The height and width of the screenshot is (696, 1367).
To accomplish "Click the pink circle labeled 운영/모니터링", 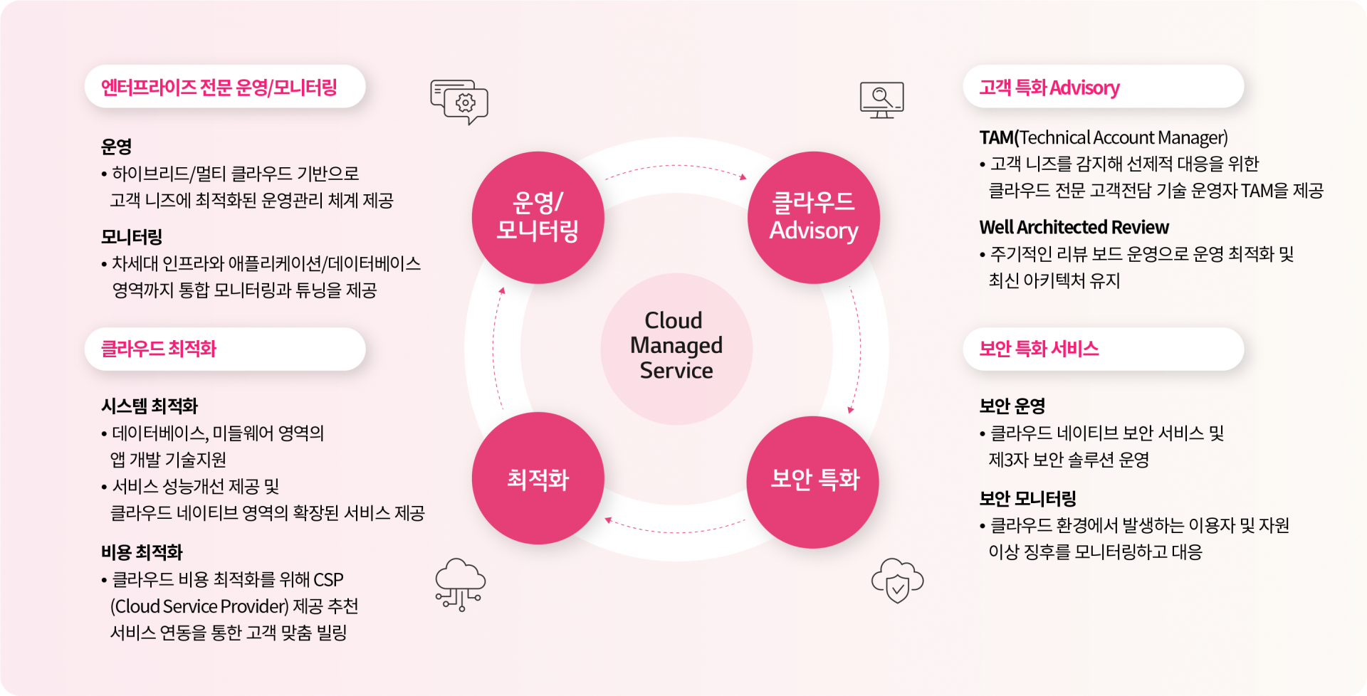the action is click(x=538, y=217).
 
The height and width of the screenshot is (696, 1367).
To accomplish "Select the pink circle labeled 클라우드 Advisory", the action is click(x=814, y=217).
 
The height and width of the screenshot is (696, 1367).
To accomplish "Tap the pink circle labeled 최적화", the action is click(x=538, y=478).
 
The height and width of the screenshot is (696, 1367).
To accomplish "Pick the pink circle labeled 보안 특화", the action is click(x=813, y=482).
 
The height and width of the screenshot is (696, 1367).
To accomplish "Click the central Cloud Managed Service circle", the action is click(x=676, y=349).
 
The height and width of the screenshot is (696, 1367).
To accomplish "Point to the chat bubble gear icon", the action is click(x=459, y=102).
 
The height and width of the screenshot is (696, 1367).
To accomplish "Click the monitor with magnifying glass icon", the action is click(x=881, y=100).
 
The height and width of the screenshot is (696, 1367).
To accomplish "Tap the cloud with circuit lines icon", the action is click(x=461, y=584).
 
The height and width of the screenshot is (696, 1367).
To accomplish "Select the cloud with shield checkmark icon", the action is click(x=897, y=581).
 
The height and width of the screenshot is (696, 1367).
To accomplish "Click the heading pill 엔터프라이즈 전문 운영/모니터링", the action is click(x=225, y=87).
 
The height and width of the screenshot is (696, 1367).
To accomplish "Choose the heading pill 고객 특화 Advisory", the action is click(x=1104, y=87).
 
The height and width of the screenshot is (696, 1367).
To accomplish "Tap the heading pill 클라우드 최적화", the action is click(x=225, y=349).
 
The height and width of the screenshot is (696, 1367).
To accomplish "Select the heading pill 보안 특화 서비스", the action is click(x=1104, y=349).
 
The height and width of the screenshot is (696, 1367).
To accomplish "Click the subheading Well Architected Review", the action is click(x=1074, y=227).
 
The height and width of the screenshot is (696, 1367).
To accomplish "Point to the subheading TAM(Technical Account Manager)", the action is click(x=1104, y=137).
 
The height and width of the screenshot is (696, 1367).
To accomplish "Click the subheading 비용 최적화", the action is click(x=142, y=552).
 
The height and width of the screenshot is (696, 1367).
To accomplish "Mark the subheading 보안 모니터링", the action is click(x=1027, y=498).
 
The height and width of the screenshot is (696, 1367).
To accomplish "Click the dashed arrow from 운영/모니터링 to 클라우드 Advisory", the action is click(x=676, y=167).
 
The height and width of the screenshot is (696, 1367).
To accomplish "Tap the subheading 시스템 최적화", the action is click(x=150, y=406).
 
